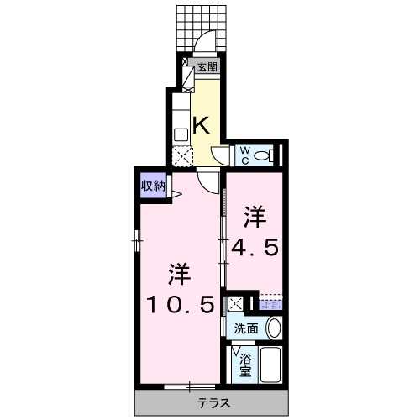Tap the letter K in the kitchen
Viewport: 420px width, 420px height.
[202, 126]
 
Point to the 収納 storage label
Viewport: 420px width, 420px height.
[152, 186]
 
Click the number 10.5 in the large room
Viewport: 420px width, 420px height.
[180, 302]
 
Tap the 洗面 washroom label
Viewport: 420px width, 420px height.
[246, 328]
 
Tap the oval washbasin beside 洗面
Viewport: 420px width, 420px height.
[273, 328]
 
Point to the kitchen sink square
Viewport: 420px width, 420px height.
[181, 134]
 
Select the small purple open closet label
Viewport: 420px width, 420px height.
[270, 303]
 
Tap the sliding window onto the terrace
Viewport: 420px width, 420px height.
[190, 386]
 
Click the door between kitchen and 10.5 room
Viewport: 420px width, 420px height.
[207, 177]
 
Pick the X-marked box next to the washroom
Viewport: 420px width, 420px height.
[236, 304]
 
